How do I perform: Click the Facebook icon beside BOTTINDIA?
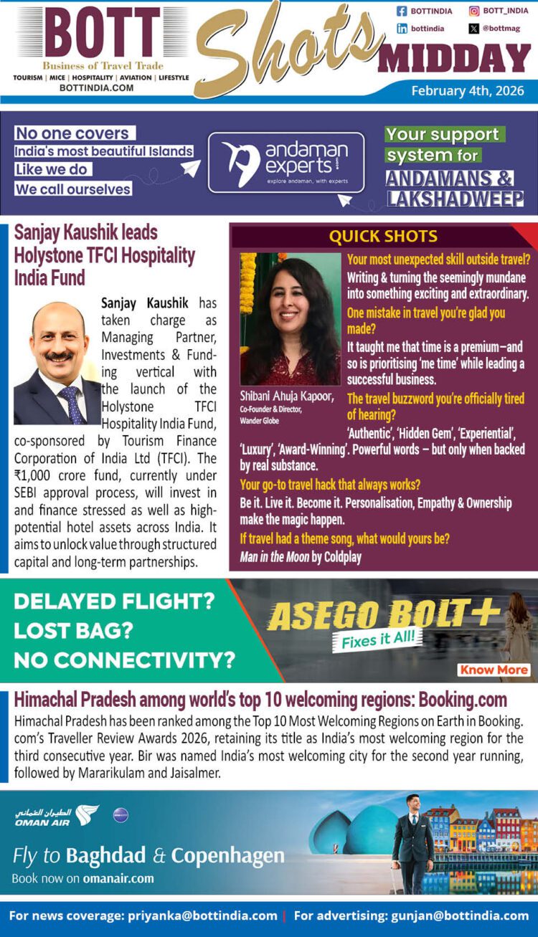click(x=402, y=11)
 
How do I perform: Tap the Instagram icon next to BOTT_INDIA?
click(x=474, y=11)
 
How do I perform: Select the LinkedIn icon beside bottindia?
click(x=402, y=29)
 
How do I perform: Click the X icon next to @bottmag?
click(x=474, y=29)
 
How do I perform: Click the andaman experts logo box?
click(x=285, y=163)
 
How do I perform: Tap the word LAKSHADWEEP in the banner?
click(x=455, y=199)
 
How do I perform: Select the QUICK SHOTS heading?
click(x=382, y=237)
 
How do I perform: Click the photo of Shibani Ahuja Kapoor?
click(x=290, y=319)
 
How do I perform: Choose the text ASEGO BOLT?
click(x=371, y=614)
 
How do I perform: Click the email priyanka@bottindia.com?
click(x=202, y=915)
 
